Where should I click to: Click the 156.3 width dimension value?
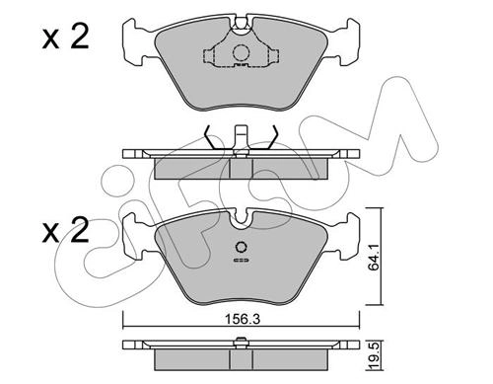point(242,319)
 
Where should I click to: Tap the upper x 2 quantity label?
point(65,38)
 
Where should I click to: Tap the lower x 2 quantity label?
point(65,230)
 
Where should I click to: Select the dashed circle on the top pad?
point(242,52)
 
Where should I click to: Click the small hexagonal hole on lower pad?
point(242,247)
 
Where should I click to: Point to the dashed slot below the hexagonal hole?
point(242,261)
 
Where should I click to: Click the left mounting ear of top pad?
point(135,41)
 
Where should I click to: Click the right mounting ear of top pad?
point(347,41)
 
